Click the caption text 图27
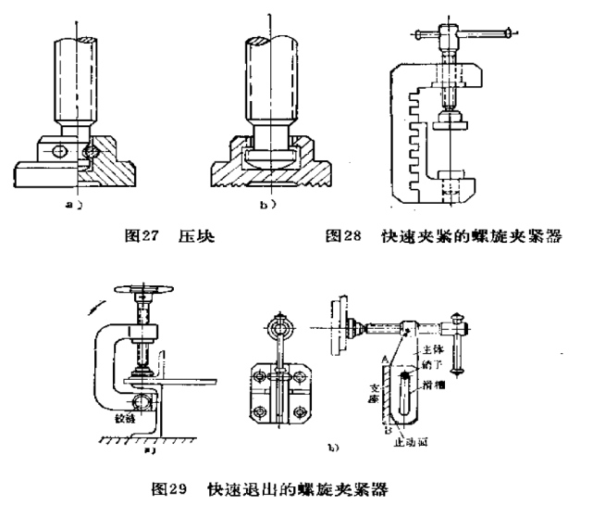coord(141,235)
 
